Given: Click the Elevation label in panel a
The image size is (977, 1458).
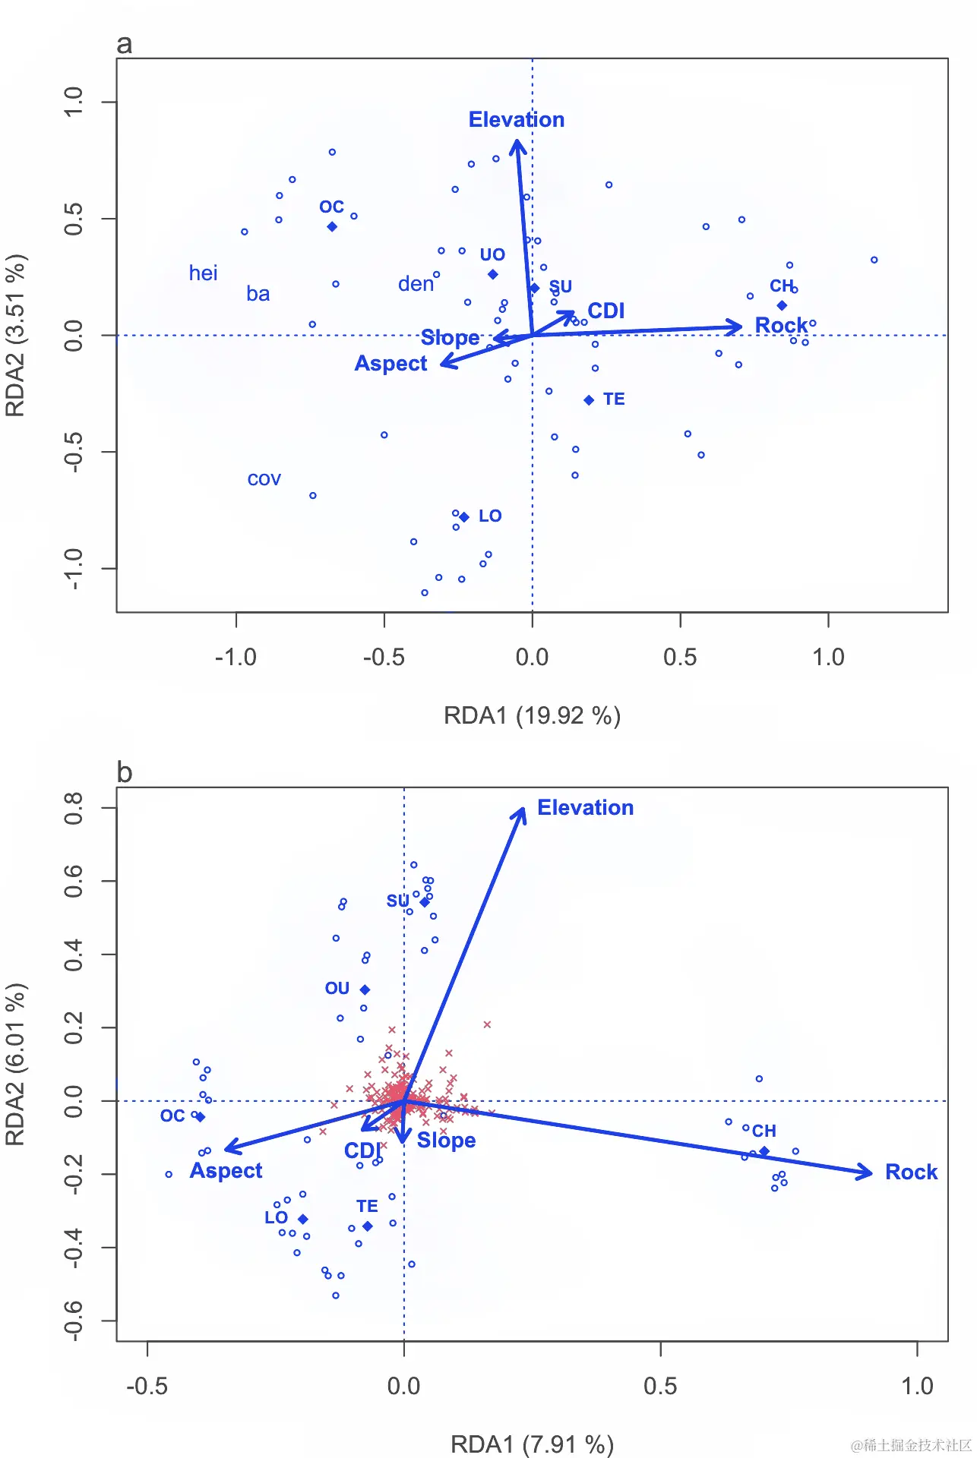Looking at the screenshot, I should (x=516, y=120).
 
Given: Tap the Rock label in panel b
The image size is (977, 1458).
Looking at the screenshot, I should (x=911, y=1172).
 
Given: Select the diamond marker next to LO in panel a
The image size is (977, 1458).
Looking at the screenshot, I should (x=464, y=517).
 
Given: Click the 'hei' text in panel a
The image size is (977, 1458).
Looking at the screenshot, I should (x=203, y=273).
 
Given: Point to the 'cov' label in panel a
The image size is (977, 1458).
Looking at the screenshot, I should (x=264, y=480).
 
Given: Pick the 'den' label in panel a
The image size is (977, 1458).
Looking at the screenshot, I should (x=416, y=284).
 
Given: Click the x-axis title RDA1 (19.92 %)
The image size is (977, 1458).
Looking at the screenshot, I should (x=532, y=715).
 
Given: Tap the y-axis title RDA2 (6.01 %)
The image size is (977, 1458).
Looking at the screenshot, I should (x=16, y=1064).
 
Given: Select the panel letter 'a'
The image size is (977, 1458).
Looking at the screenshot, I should (x=124, y=44).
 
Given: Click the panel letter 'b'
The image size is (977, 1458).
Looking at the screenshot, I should (x=125, y=772).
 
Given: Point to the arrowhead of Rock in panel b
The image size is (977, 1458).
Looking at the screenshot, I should (x=869, y=1172).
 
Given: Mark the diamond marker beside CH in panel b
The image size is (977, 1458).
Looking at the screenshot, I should (x=764, y=1152).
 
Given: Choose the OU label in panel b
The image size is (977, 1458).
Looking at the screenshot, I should (x=337, y=989).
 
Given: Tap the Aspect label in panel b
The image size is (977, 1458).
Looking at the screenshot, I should (x=226, y=1171).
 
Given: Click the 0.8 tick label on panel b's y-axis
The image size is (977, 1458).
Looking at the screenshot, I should (x=74, y=808).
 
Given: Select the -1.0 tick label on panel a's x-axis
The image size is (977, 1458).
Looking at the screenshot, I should (x=236, y=658).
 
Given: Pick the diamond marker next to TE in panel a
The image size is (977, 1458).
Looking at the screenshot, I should (x=589, y=400).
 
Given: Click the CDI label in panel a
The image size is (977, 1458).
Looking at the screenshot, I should (x=605, y=311).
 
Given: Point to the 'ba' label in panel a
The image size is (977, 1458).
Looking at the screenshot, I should (x=258, y=294).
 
